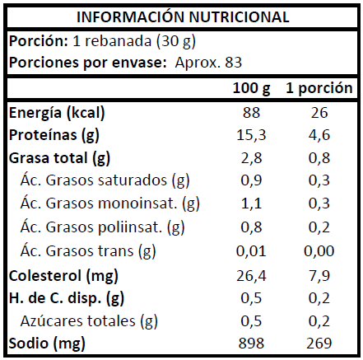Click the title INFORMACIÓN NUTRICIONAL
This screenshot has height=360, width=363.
[183, 16]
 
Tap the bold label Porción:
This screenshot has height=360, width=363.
[39, 41]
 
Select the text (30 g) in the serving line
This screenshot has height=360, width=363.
[176, 42]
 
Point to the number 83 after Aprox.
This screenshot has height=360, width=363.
[233, 63]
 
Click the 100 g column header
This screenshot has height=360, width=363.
[251, 88]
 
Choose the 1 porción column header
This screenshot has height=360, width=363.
[319, 88]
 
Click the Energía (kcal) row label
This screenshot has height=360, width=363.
[57, 113]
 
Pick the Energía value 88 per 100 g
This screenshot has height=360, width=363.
[251, 113]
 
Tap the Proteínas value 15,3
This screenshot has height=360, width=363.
[251, 135]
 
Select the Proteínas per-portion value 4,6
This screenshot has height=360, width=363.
[319, 135]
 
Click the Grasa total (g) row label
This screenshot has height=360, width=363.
[59, 158]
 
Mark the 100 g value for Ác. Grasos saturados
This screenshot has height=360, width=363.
[251, 180]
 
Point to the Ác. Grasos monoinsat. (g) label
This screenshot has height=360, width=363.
[110, 204]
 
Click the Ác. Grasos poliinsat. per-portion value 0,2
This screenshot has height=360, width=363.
[319, 227]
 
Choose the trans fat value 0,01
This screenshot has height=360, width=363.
[251, 251]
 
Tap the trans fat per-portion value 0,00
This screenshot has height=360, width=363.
[319, 251]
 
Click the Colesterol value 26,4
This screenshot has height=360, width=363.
[251, 276]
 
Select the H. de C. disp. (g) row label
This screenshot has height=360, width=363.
[67, 298]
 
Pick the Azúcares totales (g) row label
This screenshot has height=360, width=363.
[89, 321]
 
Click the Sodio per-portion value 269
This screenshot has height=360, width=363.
[319, 344]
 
